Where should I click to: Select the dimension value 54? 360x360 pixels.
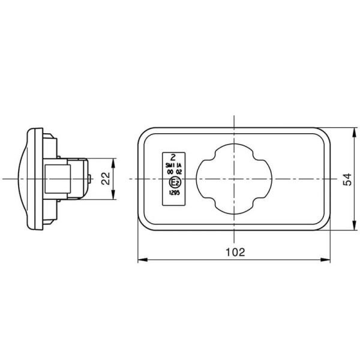(346, 178)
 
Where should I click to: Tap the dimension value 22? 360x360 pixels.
(104, 178)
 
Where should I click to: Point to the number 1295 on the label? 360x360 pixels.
(174, 193)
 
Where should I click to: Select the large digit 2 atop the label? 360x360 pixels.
(174, 154)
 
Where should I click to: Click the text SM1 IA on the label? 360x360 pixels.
(174, 164)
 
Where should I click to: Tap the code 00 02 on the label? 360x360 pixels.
(174, 172)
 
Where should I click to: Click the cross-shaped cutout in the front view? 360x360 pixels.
(232, 178)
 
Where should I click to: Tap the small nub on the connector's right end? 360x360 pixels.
(90, 178)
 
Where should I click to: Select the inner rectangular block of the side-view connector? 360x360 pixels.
(58, 178)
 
